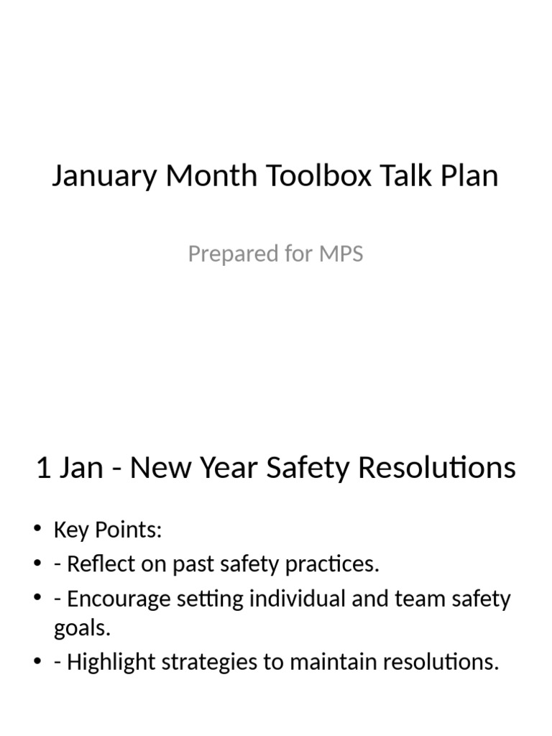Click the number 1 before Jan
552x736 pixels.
(43, 468)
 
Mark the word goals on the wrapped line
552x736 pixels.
(82, 628)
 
